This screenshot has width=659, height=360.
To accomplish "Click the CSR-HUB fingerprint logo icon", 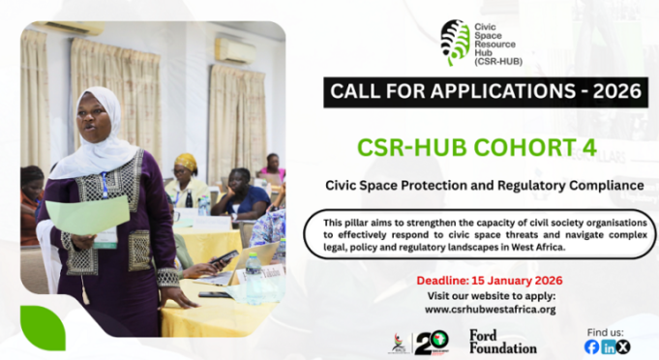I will [x=454, y=42].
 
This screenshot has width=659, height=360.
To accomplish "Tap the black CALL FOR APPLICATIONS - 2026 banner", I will [x=484, y=92].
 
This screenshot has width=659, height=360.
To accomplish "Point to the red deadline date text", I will [x=489, y=280].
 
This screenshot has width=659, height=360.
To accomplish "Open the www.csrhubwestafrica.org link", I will [x=490, y=310].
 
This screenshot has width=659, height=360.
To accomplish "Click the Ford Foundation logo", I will [x=502, y=341].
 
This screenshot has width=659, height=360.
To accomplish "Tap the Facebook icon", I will [x=591, y=346].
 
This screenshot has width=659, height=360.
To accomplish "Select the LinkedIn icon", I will [x=608, y=346].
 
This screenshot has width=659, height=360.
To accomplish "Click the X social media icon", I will [x=623, y=346].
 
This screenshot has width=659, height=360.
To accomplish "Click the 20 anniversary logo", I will [x=431, y=343].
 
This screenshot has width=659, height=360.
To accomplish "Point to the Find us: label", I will [x=606, y=330].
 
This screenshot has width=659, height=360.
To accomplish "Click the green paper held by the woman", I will [x=87, y=215].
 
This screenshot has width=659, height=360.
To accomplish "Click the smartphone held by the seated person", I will [x=225, y=258].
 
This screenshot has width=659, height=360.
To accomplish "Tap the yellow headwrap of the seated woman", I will [x=186, y=162].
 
